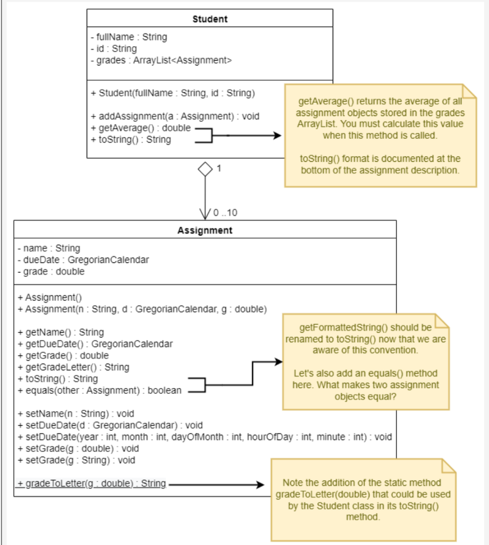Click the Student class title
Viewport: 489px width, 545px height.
point(209,19)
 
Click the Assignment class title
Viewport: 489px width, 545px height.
point(205,230)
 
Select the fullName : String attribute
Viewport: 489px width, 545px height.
point(129,37)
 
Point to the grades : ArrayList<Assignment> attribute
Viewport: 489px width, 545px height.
point(161,60)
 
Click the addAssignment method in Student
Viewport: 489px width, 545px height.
point(175,117)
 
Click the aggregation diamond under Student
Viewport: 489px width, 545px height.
point(205,169)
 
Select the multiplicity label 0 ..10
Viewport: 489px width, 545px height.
point(225,213)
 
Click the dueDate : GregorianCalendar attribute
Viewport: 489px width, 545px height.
point(83,260)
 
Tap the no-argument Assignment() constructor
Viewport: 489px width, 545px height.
point(49,298)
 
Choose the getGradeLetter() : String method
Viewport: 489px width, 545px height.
point(73,367)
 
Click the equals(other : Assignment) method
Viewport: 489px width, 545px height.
point(99,391)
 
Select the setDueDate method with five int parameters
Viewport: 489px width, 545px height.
point(205,437)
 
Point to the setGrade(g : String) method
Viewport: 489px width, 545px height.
point(76,460)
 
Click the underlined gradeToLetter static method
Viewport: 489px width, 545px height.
point(91,484)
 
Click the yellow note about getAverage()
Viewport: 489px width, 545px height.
point(380,136)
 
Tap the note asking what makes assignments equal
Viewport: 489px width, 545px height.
point(366,362)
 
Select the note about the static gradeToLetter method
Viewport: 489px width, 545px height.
point(363,499)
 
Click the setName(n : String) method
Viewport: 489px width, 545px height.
point(75,414)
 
